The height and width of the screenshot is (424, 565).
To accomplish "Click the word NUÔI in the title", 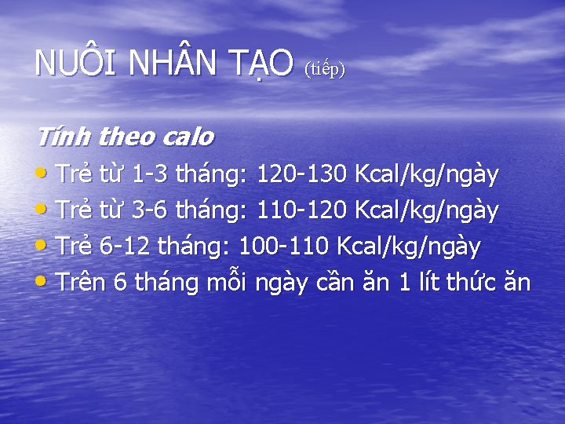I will (x=68, y=63).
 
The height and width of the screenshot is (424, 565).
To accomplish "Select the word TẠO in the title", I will (x=265, y=63).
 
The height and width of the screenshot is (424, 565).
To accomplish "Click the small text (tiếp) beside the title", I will (x=324, y=69).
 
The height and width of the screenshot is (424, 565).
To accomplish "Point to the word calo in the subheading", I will (x=188, y=137).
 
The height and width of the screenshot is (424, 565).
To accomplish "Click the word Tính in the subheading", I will (x=63, y=137).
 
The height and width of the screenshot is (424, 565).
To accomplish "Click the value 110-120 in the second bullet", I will (x=304, y=210).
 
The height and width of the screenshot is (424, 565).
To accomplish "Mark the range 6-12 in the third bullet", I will (x=126, y=247).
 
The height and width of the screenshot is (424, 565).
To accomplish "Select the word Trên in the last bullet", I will (x=82, y=282).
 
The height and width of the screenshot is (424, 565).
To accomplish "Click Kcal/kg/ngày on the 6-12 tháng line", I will (x=409, y=247).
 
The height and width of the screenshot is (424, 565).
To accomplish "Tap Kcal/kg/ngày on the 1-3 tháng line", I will (x=427, y=175).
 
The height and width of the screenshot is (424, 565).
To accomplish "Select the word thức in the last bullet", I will (x=479, y=282).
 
